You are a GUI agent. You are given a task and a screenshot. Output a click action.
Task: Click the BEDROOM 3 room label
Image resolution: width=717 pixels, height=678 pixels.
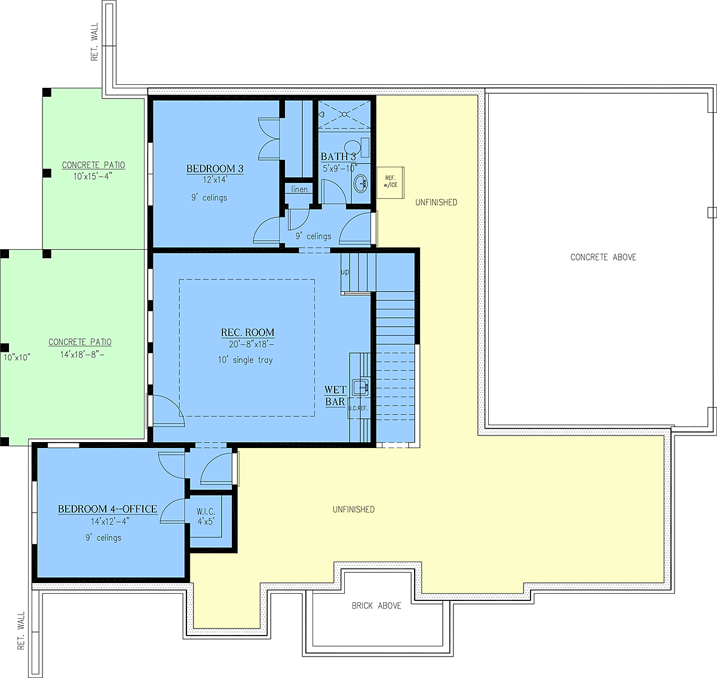(x=215, y=168)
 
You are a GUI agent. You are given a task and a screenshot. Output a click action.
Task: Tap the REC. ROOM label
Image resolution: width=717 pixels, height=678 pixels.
(x=247, y=332)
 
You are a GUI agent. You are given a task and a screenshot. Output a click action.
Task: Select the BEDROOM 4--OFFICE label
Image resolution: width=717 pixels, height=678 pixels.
(x=108, y=509)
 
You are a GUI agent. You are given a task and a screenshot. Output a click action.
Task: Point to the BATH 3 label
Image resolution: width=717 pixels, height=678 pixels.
(x=338, y=157)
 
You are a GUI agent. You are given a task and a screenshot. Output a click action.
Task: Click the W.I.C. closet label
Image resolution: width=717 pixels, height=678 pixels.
(x=206, y=512)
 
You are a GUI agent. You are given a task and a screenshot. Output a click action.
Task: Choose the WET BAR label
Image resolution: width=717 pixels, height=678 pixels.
(x=335, y=395)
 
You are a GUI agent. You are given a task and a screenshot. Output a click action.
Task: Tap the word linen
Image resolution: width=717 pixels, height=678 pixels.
(x=299, y=189)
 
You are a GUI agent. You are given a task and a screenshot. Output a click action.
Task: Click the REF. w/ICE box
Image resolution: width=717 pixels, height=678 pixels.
(x=390, y=183)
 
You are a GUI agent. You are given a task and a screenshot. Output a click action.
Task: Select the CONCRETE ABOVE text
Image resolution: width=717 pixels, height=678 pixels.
(x=603, y=257)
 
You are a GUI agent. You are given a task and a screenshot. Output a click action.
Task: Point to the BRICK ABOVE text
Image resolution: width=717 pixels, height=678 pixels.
(x=376, y=606)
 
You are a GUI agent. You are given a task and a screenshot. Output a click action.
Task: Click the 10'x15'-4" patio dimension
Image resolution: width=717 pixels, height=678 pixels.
(x=93, y=177)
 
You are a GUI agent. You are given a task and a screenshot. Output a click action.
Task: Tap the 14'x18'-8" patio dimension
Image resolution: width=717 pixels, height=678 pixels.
(x=82, y=354)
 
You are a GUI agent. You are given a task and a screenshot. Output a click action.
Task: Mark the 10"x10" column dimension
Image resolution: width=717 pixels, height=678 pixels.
(x=17, y=357)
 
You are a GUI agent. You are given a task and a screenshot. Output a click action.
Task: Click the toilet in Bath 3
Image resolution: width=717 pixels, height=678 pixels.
(x=357, y=146)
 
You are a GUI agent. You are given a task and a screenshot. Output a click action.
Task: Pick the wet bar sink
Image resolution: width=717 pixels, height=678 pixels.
(x=360, y=387)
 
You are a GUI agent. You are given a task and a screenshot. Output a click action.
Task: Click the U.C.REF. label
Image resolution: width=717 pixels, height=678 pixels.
(x=358, y=408)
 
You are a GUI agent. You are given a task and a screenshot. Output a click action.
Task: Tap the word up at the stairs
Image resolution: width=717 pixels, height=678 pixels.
(x=345, y=272)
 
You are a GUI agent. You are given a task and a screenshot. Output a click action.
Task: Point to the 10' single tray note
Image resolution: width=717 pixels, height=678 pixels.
(x=246, y=360)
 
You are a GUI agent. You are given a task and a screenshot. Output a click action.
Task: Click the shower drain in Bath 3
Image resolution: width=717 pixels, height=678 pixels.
(x=345, y=115)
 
